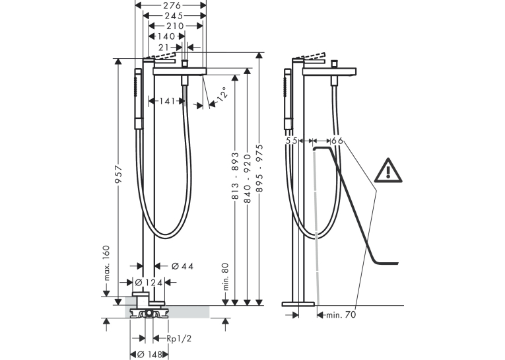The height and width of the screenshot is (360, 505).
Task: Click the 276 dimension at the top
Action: (172, 5)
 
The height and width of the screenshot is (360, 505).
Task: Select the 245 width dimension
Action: (174, 16)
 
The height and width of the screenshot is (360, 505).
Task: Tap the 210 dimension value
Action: (175, 26)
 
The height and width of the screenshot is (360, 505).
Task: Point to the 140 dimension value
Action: (166, 36)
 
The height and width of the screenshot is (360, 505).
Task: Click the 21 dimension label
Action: (164, 48)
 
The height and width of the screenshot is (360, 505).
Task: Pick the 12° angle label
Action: (223, 94)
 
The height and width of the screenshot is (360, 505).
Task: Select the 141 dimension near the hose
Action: (167, 101)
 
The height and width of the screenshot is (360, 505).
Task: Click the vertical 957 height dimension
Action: (119, 174)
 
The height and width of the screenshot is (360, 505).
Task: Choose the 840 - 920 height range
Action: (248, 178)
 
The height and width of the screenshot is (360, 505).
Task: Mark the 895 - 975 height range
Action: (259, 168)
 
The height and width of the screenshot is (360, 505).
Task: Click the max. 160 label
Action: (106, 263)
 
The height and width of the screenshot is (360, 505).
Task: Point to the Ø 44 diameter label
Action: (183, 266)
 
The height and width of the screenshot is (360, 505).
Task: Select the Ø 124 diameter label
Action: (149, 283)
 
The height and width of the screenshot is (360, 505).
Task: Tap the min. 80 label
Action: (225, 277)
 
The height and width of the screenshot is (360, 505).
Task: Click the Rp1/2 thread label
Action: (179, 338)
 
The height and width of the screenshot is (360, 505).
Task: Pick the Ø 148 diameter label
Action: (149, 355)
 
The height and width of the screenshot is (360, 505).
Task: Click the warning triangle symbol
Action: (388, 170)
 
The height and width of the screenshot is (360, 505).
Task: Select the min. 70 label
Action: (341, 315)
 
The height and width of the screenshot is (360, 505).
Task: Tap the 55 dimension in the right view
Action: (292, 141)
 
